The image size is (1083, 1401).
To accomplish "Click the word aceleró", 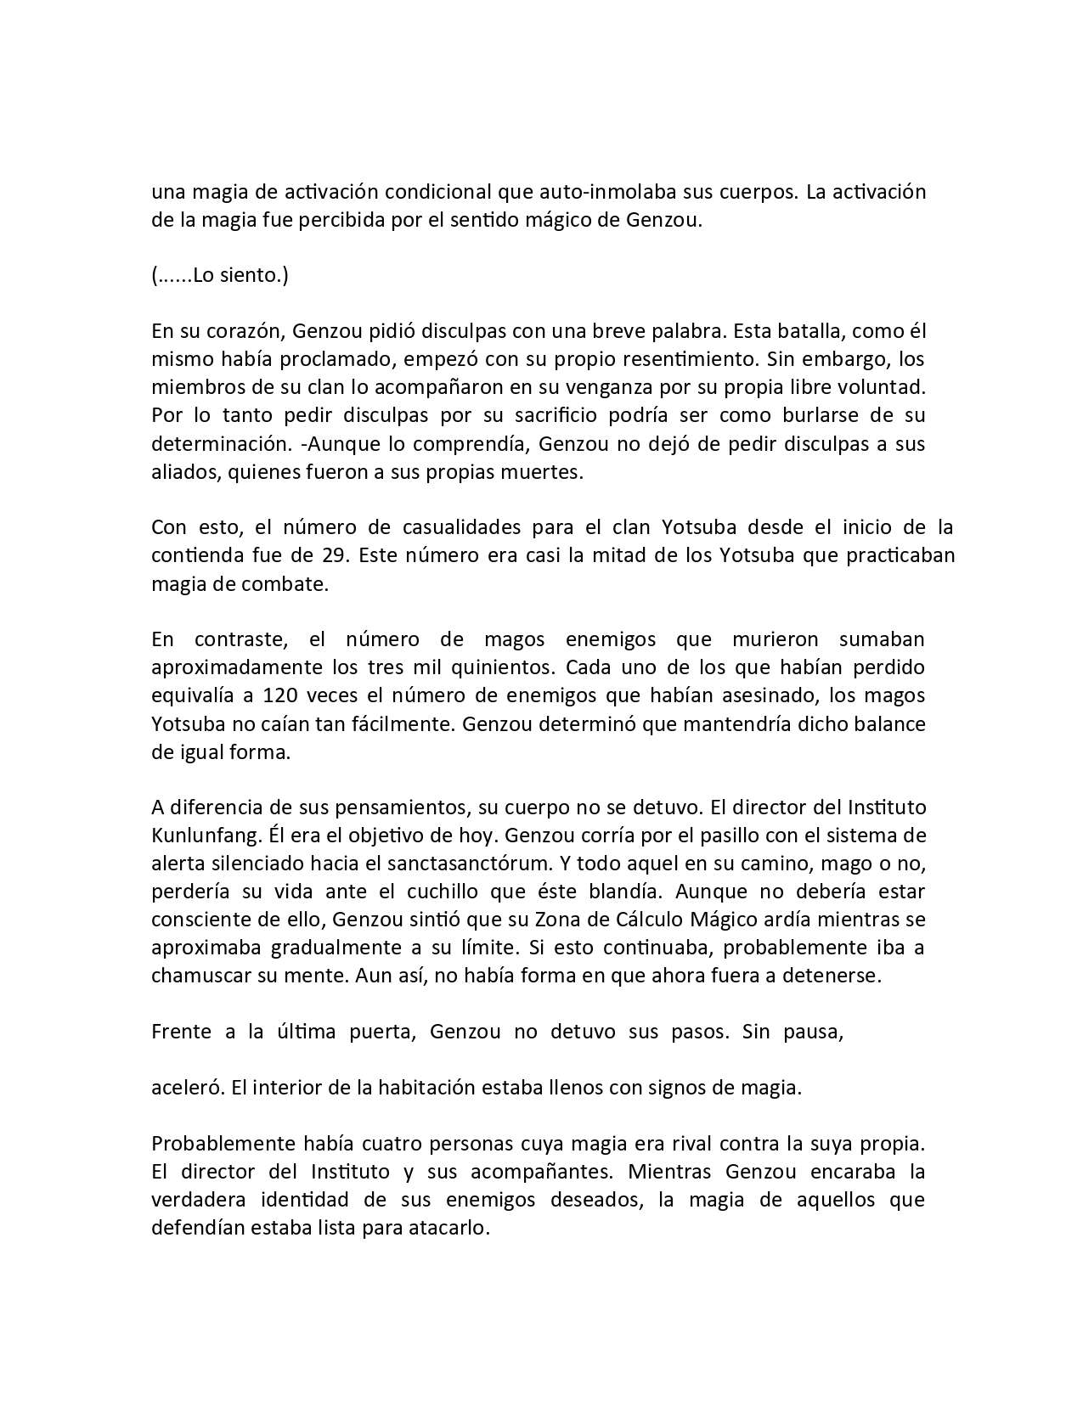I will point(187,1088).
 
